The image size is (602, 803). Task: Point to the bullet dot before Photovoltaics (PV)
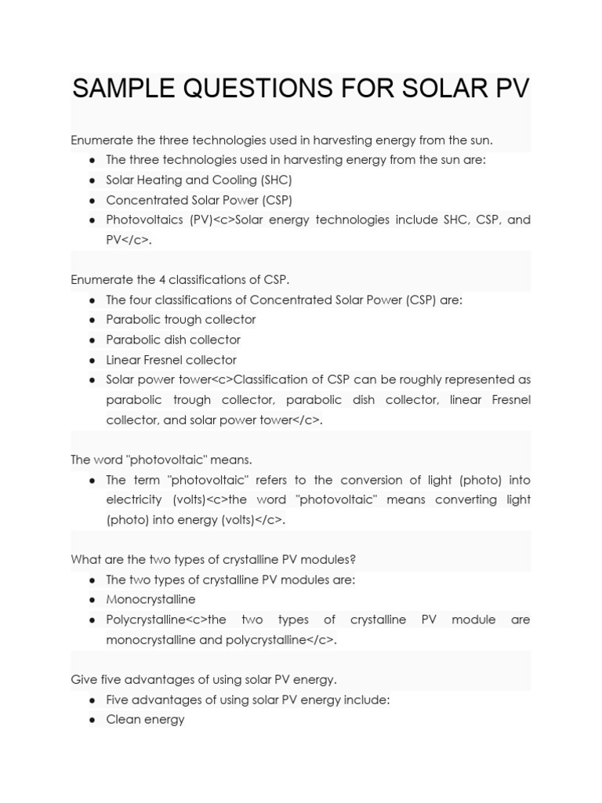92,220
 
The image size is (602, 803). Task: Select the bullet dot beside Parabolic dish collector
92,340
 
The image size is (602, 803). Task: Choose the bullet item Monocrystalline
150,600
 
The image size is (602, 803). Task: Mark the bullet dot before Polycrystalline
92,620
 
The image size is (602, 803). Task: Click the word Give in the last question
83,679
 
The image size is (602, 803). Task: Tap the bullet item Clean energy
145,719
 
